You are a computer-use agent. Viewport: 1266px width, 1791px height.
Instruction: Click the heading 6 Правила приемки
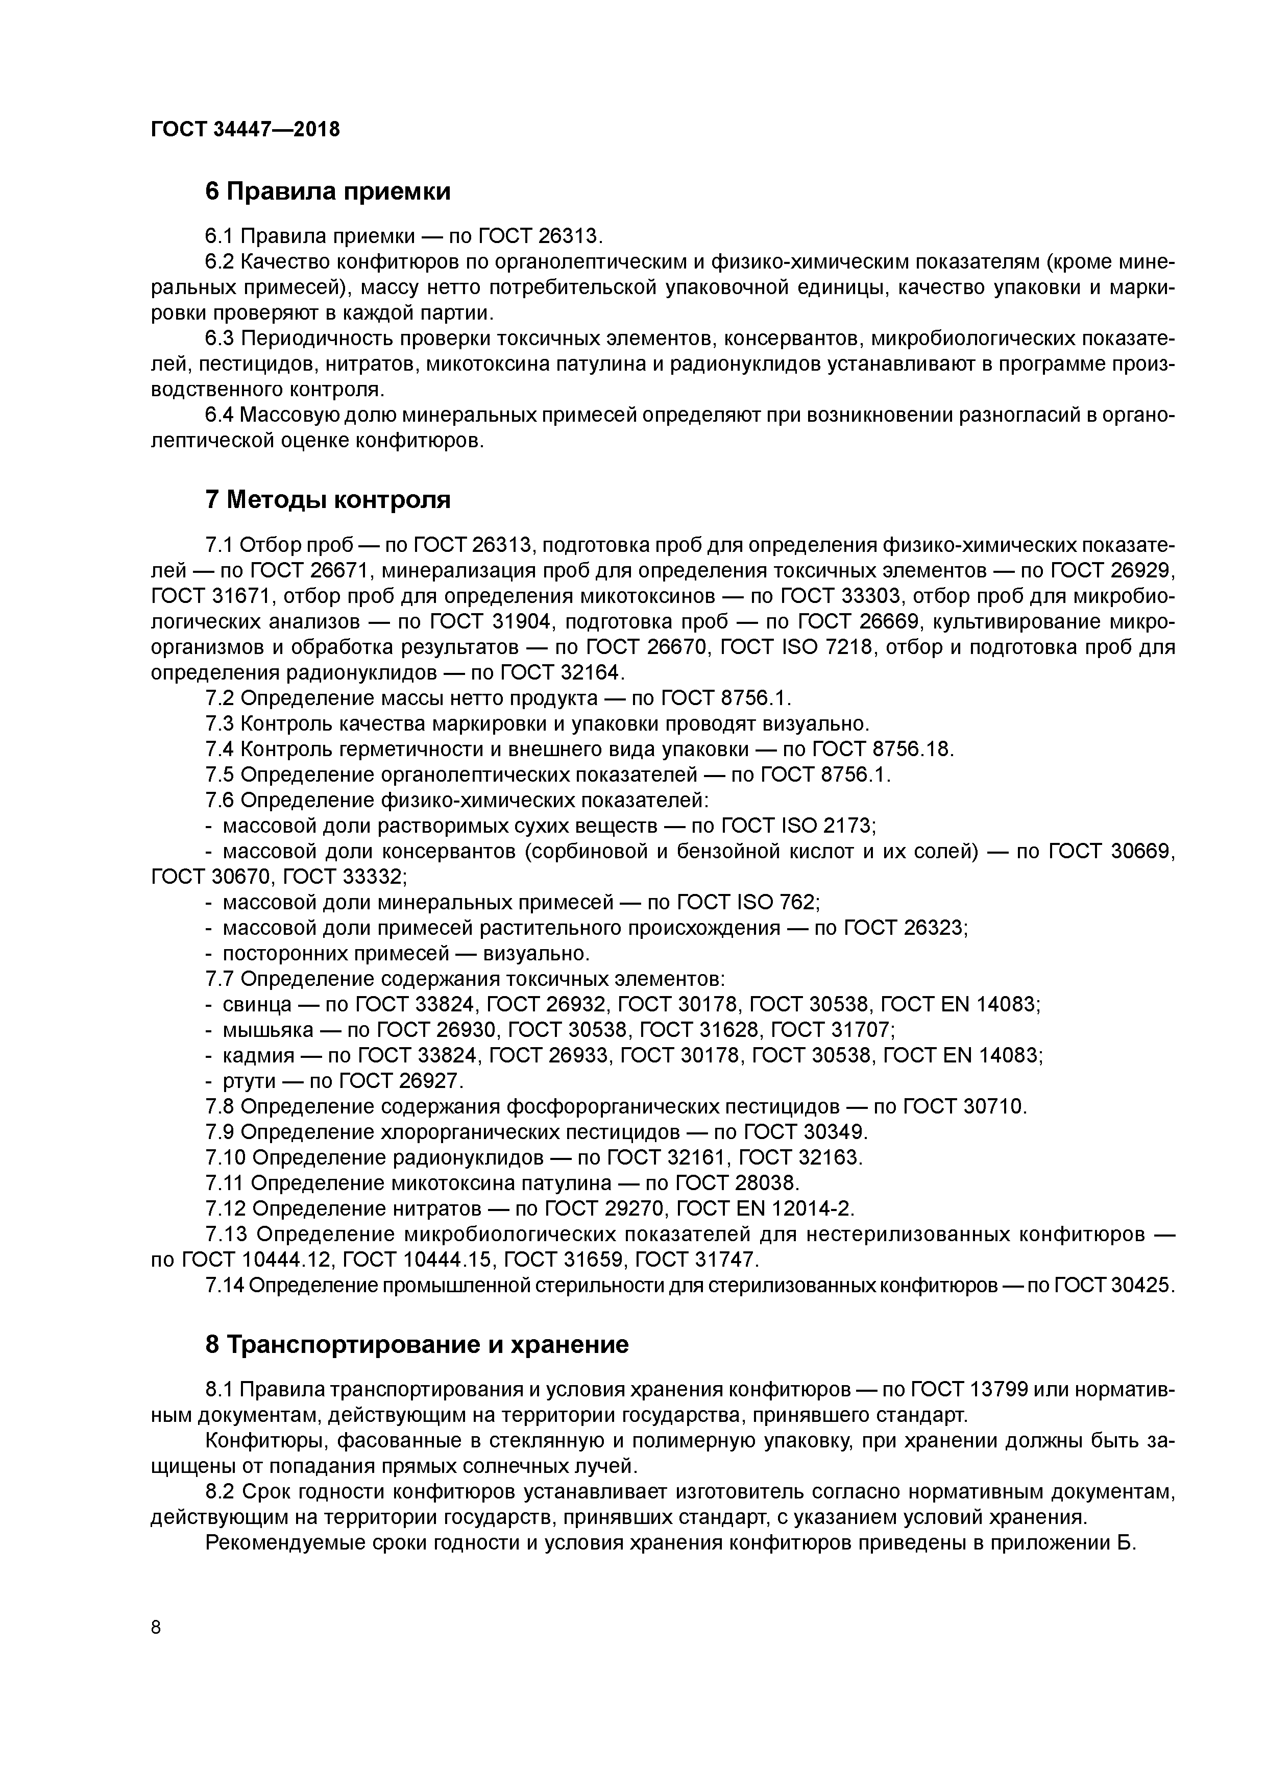click(x=328, y=191)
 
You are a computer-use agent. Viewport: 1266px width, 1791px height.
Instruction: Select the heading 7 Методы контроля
click(x=328, y=499)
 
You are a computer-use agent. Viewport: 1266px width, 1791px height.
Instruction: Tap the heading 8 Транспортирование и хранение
click(x=417, y=1345)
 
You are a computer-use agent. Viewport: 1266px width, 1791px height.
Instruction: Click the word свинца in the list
click(x=257, y=1005)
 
